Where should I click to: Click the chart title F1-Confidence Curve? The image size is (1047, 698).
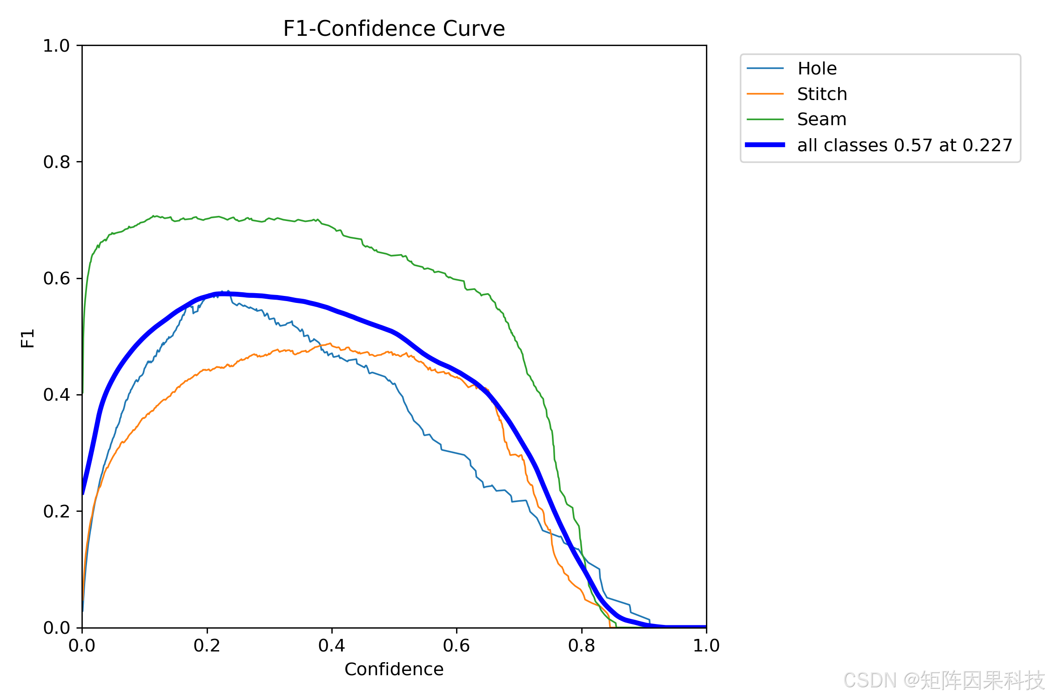pyautogui.click(x=394, y=29)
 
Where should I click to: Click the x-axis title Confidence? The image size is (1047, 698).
pyautogui.click(x=394, y=669)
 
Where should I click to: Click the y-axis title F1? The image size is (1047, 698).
pyautogui.click(x=28, y=338)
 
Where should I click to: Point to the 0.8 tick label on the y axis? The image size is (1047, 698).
pyautogui.click(x=56, y=162)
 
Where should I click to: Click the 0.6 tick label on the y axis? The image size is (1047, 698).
pyautogui.click(x=56, y=278)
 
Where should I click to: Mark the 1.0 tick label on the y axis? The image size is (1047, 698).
pyautogui.click(x=56, y=46)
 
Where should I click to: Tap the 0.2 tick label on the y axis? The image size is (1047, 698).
pyautogui.click(x=56, y=511)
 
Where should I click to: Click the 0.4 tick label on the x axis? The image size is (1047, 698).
pyautogui.click(x=332, y=645)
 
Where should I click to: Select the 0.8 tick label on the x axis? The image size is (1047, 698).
pyautogui.click(x=582, y=645)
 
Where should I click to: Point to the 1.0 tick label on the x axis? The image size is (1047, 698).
pyautogui.click(x=706, y=645)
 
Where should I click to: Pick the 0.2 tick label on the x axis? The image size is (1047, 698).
pyautogui.click(x=207, y=645)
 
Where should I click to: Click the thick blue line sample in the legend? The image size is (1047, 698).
pyautogui.click(x=765, y=145)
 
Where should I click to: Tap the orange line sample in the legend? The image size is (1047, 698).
pyautogui.click(x=765, y=94)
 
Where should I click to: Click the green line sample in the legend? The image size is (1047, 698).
pyautogui.click(x=765, y=120)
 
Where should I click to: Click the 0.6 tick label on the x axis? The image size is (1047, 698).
pyautogui.click(x=456, y=645)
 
